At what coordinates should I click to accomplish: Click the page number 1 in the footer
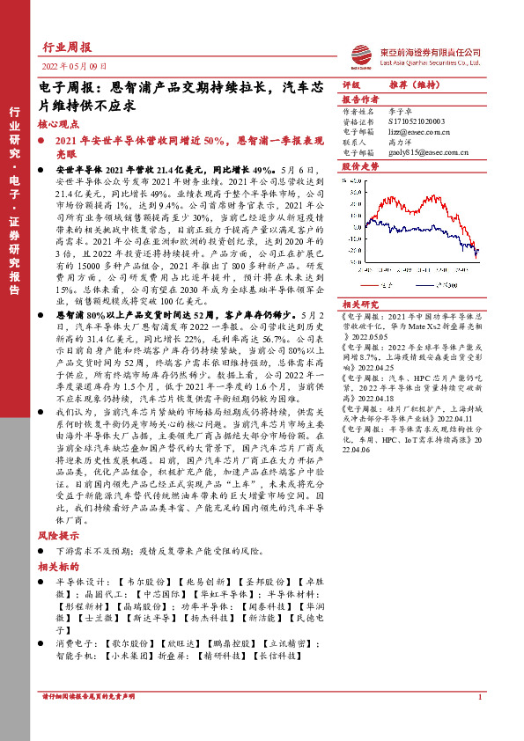(479, 723)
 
